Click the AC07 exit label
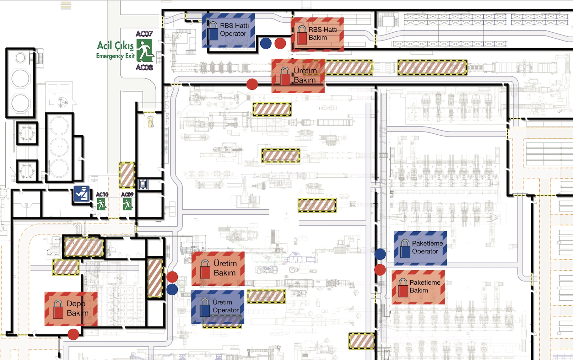pos(144,34)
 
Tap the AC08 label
pos(144,67)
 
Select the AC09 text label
pos(127,195)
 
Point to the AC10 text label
pos(102,195)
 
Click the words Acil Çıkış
pos(115,46)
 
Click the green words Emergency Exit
pos(115,56)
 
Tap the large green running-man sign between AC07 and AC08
pos(145,51)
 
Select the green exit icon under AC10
pos(101,205)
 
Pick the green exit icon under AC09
pos(127,205)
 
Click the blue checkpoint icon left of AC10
pos(82,194)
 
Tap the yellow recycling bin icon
pos(150,121)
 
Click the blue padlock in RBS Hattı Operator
pos(213,31)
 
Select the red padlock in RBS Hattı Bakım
pos(302,35)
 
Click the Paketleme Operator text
pos(427,247)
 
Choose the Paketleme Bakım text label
pos(425,287)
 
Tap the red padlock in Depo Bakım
pos(58,309)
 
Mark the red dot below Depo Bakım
pos(73,334)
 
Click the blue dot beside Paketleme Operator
pos(380,254)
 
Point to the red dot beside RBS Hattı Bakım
pos(280,43)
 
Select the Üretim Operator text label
pos(225,306)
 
